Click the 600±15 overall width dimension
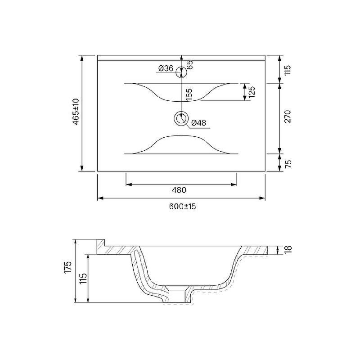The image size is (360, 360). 183,207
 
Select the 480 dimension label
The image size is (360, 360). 179,190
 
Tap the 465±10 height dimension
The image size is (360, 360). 76,112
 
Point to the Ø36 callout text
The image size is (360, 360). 166,68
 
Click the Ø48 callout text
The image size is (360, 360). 198,123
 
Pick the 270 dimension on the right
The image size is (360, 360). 288,117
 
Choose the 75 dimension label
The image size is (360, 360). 288,164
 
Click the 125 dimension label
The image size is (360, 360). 252,92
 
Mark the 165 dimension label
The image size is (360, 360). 189,94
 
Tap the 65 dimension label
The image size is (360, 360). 189,65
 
